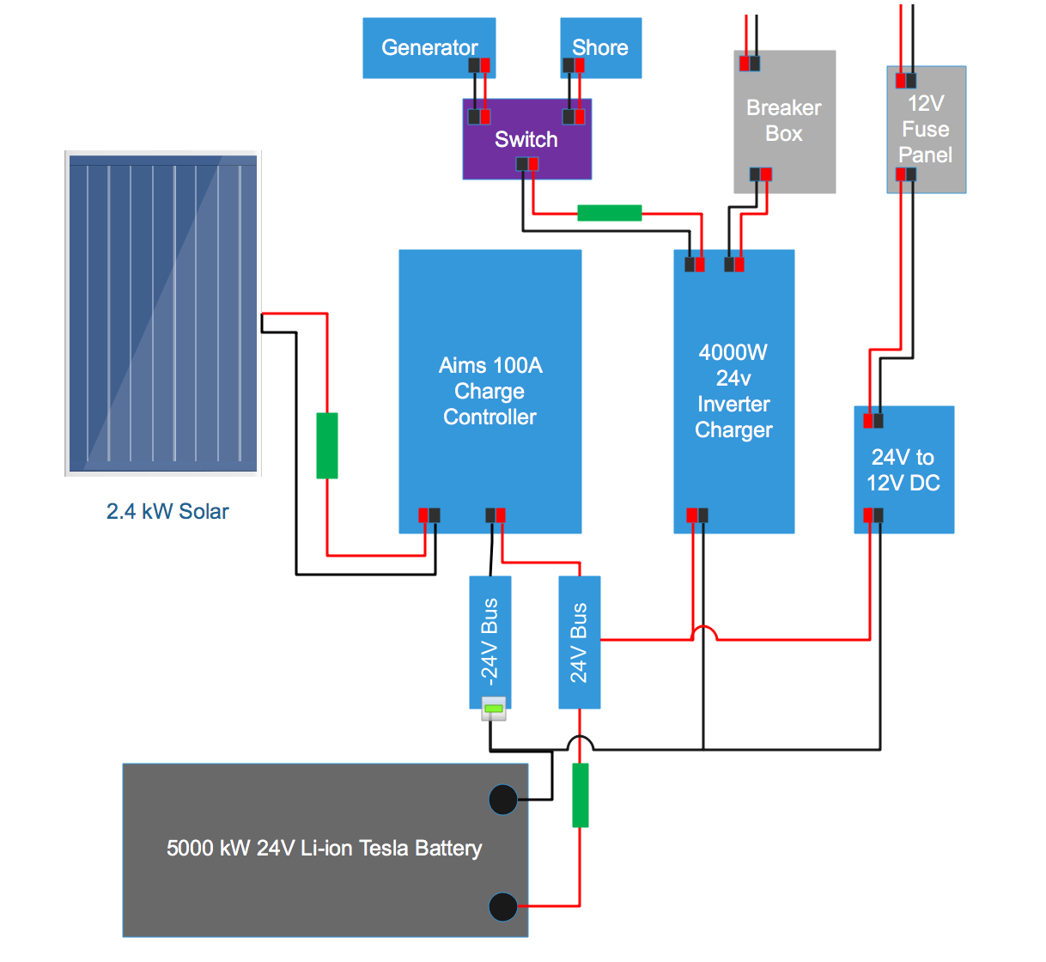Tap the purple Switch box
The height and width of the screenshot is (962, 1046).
click(x=526, y=139)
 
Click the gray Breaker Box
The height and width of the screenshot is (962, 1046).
click(x=784, y=121)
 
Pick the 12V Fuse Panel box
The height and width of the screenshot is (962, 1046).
click(x=926, y=129)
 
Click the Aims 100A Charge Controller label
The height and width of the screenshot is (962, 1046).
click(x=490, y=391)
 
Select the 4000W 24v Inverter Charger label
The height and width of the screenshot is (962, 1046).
click(x=733, y=391)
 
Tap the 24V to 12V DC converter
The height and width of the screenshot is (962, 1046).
click(x=903, y=470)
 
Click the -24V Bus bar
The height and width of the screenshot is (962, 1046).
click(x=490, y=640)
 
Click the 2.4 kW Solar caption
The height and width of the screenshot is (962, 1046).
click(x=167, y=511)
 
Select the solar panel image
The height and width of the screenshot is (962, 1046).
click(x=163, y=314)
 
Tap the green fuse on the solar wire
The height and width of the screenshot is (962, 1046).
click(x=327, y=445)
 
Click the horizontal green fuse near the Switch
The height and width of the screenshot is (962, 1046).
click(x=609, y=212)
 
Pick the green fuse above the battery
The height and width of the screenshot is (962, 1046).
click(x=581, y=795)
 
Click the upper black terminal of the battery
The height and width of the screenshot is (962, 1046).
click(x=503, y=800)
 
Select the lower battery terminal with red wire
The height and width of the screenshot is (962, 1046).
click(x=503, y=906)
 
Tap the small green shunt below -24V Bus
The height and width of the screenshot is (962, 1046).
click(x=493, y=709)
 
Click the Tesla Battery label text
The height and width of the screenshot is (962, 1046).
click(x=324, y=848)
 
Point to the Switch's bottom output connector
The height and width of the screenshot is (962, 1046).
click(x=527, y=164)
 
